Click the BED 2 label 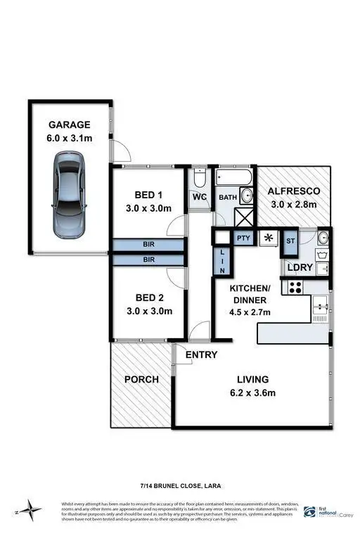pyautogui.click(x=149, y=297)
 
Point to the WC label pyautogui.click(x=200, y=198)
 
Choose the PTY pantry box pyautogui.click(x=243, y=238)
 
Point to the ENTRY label pyautogui.click(x=201, y=355)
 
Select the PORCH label pyautogui.click(x=141, y=380)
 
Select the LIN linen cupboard pyautogui.click(x=222, y=262)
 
